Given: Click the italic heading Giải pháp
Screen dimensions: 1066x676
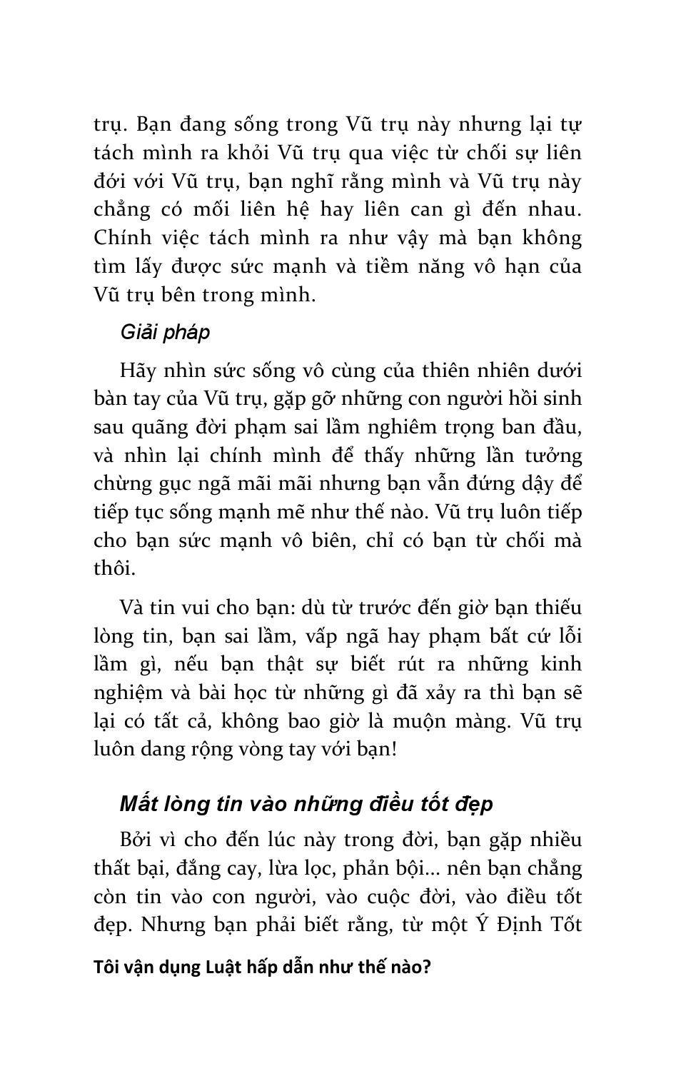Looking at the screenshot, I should (165, 333).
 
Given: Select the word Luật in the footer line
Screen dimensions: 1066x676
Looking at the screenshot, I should (223, 967).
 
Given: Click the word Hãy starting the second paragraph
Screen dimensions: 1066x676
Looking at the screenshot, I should (136, 371).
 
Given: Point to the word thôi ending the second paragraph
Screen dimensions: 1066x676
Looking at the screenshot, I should (113, 568).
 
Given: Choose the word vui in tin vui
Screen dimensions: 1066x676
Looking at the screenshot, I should (201, 608).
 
